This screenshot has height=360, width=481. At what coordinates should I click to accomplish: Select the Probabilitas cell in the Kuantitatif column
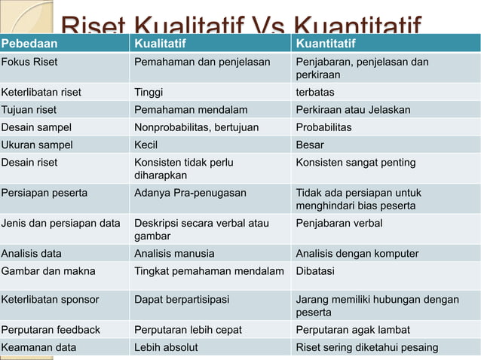tap(323, 127)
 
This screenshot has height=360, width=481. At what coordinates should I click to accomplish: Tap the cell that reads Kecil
tap(146, 145)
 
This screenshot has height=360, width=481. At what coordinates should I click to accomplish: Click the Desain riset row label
tap(29, 162)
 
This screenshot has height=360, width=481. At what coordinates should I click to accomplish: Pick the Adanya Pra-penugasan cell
tap(190, 193)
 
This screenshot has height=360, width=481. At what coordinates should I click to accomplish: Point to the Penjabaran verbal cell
tap(339, 223)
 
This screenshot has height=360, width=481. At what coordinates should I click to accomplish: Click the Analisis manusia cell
tap(174, 254)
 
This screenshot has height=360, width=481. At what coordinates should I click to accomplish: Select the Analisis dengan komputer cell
tap(357, 254)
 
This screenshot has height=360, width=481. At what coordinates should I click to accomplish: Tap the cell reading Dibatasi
tap(315, 271)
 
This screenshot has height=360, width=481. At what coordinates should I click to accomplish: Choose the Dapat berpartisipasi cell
tap(182, 300)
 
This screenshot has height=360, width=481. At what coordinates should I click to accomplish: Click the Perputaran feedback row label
tap(51, 330)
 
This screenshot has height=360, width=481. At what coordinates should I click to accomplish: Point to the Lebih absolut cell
tap(166, 347)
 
